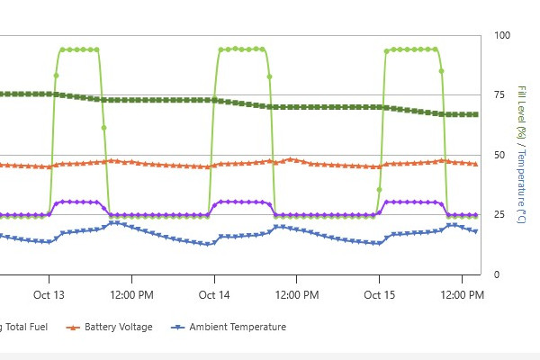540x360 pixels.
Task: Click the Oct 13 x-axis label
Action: point(49,295)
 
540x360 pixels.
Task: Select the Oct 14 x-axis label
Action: point(213,295)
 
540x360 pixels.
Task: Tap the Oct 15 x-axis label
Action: point(379,295)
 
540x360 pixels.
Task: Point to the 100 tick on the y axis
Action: point(501,35)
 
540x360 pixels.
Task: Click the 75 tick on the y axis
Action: point(499,94)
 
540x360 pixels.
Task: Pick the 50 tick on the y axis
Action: point(499,155)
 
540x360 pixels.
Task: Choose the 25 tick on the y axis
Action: point(499,214)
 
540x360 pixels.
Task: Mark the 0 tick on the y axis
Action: point(496,274)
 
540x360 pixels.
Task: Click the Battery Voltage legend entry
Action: point(118,327)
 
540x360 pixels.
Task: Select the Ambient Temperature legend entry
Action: point(238,327)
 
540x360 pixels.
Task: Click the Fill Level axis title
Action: point(521,112)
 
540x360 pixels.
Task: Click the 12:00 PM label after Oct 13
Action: point(131,295)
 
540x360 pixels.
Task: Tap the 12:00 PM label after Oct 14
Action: point(296,295)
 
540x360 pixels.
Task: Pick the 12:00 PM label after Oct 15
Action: point(462,295)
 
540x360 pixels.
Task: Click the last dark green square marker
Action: point(475,114)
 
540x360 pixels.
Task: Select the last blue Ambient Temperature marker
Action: point(475,231)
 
